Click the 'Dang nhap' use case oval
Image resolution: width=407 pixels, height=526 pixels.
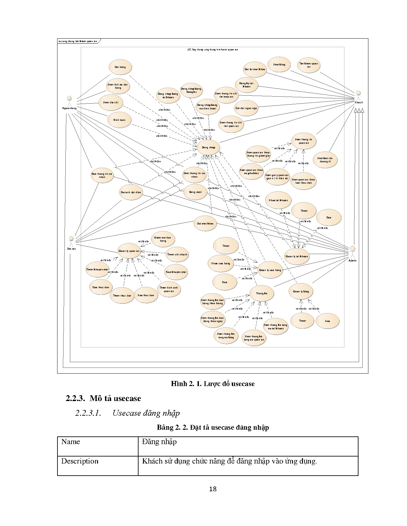coord(208,147)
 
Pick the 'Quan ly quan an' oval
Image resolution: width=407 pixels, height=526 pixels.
coord(129,251)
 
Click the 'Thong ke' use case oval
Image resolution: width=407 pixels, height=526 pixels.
coord(261,293)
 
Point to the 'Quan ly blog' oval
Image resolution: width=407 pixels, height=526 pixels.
coord(301,291)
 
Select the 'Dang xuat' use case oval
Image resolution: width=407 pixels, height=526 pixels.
coord(195,192)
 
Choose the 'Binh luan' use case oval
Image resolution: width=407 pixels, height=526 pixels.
coord(119,120)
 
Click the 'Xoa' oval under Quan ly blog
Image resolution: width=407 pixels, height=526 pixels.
coord(327,321)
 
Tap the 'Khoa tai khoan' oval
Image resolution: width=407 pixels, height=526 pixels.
coord(278,200)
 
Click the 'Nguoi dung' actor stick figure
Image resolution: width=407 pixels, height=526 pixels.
coord(69,100)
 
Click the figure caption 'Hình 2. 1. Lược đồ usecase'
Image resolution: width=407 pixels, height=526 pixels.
coord(213,384)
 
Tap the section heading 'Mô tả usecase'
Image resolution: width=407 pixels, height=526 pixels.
coord(115,398)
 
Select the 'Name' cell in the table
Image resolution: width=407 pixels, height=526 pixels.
coord(71,442)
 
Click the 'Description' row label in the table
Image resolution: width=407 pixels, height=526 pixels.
coord(80,461)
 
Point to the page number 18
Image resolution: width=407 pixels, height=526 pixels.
coord(213,489)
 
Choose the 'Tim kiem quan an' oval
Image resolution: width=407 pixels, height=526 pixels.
coord(308,65)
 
